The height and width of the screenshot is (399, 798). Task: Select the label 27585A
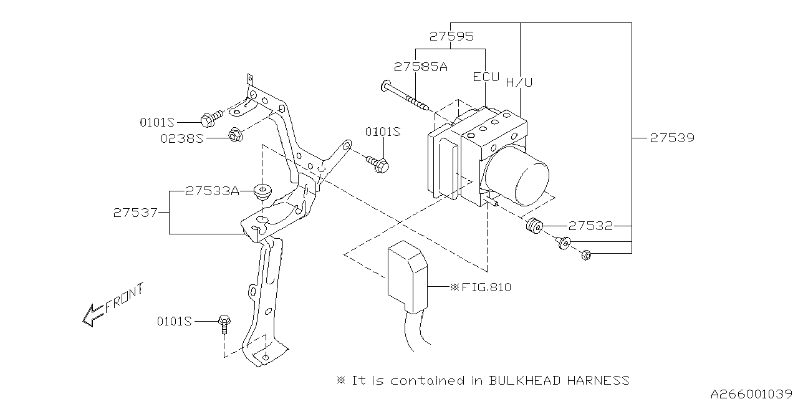pos(420,67)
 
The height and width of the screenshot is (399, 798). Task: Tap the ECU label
pos(486,77)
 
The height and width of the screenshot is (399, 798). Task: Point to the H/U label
pos(519,82)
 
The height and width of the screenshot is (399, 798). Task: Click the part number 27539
pos(671,138)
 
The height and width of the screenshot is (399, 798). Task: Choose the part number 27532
pos(590,226)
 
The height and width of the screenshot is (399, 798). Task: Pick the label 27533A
pos(212,191)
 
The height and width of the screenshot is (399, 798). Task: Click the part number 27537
pos(135,213)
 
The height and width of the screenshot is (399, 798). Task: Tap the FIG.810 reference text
pos(484,287)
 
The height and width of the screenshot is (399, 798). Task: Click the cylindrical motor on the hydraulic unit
pos(519,176)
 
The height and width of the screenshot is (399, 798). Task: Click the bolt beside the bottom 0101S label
pos(224,322)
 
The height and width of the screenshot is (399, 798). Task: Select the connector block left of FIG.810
pos(408,277)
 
